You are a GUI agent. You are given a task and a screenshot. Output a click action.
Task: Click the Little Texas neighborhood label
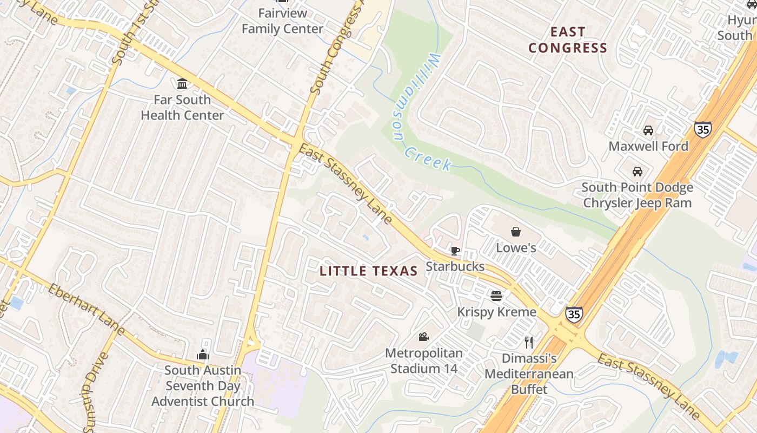tap(369, 271)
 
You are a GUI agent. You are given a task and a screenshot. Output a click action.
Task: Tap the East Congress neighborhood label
tap(568, 40)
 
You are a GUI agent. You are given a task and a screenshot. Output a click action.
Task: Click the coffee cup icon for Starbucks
tap(455, 251)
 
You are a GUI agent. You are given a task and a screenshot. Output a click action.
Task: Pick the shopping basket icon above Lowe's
tap(516, 232)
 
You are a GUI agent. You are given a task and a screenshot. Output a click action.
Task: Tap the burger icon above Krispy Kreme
tap(496, 296)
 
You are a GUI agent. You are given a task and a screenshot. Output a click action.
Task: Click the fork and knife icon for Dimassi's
tap(529, 342)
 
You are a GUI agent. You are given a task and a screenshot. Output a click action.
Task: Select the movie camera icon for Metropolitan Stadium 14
tap(423, 337)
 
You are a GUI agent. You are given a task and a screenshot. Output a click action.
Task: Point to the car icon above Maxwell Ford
tap(648, 130)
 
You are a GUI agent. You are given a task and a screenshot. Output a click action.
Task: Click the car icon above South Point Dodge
tap(638, 172)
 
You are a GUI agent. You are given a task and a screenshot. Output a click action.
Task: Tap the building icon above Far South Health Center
tap(182, 83)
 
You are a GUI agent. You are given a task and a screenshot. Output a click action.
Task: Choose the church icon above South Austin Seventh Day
tap(203, 355)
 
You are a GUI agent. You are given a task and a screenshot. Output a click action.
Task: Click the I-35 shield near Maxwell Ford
tap(702, 129)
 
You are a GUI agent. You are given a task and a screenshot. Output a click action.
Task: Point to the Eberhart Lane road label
tap(87, 309)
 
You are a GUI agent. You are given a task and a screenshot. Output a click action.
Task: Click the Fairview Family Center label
tap(282, 21)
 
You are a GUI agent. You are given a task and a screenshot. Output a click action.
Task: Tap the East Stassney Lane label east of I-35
tap(648, 386)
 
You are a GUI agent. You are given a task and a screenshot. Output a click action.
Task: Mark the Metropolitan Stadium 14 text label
tap(424, 361)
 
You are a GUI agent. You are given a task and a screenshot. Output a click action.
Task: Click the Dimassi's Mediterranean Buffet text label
tap(529, 373)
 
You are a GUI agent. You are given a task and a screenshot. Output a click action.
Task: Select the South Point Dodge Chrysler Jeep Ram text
tap(637, 195)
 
